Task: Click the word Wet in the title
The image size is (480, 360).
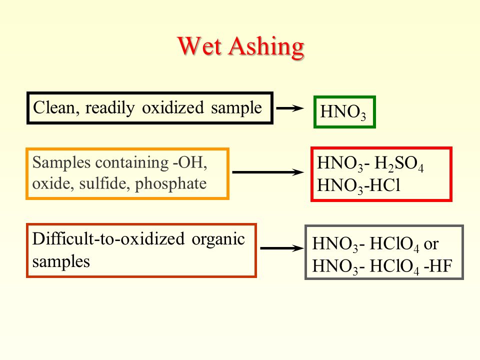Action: tap(199, 46)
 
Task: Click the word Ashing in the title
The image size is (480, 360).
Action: tap(266, 48)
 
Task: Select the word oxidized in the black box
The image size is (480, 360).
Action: tap(172, 107)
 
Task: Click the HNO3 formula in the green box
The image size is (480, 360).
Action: tap(343, 112)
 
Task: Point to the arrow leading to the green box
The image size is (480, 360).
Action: tap(290, 108)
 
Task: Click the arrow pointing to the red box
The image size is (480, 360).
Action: tap(268, 172)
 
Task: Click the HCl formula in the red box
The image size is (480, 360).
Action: tap(385, 185)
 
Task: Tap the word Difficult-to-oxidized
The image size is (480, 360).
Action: tap(108, 238)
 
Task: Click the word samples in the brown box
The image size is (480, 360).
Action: tap(61, 262)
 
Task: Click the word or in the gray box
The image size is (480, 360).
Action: tap(431, 244)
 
